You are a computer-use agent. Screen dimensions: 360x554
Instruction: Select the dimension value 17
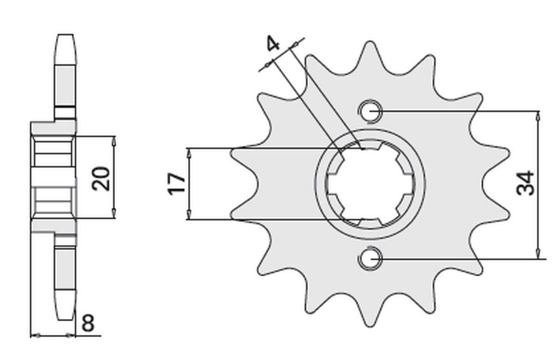pyautogui.click(x=177, y=184)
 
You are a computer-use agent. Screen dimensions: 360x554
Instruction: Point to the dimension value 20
pyautogui.click(x=101, y=178)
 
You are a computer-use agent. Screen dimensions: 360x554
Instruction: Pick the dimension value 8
pyautogui.click(x=87, y=324)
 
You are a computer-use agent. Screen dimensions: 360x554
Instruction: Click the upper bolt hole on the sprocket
pyautogui.click(x=370, y=111)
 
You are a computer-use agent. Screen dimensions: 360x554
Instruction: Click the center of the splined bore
pyautogui.click(x=370, y=184)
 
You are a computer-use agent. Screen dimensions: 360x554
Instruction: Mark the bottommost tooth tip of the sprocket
pyautogui.click(x=369, y=326)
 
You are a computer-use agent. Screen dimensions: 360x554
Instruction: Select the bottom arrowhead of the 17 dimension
pyautogui.click(x=188, y=215)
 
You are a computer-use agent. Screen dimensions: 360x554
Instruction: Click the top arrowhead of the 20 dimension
pyautogui.click(x=114, y=140)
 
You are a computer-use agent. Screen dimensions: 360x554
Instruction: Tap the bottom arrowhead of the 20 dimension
pyautogui.click(x=114, y=214)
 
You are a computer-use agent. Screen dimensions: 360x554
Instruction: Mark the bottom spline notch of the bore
pyautogui.click(x=370, y=222)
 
